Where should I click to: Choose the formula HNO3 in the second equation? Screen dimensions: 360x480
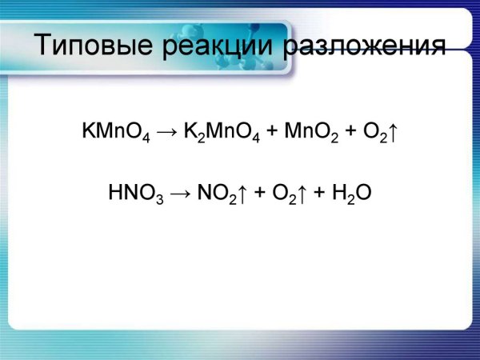(135, 194)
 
